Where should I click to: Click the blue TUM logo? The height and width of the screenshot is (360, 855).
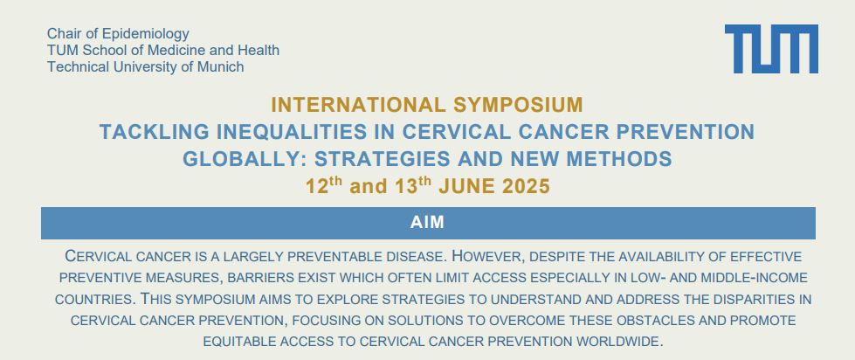[771, 49]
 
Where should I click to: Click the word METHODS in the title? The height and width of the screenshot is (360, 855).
[619, 159]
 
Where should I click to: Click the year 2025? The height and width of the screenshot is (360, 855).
[527, 186]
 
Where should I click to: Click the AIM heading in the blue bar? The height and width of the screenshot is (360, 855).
[428, 223]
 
